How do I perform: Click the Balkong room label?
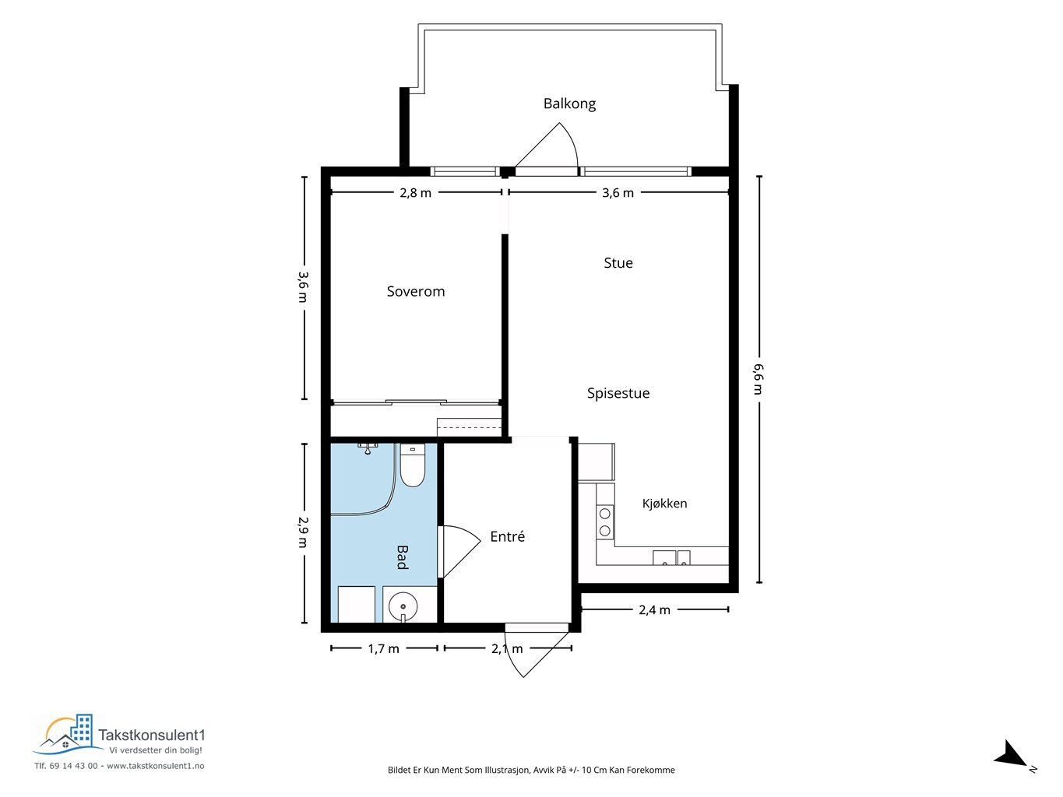coord(569,104)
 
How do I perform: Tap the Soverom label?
coord(416,291)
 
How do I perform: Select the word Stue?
coord(618,263)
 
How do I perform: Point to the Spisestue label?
coord(618,393)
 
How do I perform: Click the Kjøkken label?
coord(664,504)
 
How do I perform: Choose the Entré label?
coord(507,536)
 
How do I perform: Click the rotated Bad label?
coord(403,557)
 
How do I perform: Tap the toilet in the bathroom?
coord(413,465)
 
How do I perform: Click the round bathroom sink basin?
coord(403,606)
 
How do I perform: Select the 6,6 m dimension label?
coord(759,379)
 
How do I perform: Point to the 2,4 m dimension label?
coord(654,609)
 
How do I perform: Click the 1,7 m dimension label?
coord(383,648)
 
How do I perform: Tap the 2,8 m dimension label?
coord(415,192)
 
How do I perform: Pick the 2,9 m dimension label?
coord(303,532)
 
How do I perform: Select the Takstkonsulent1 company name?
coord(152,735)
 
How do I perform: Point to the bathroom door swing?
coord(459,552)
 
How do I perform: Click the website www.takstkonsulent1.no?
coord(156,766)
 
